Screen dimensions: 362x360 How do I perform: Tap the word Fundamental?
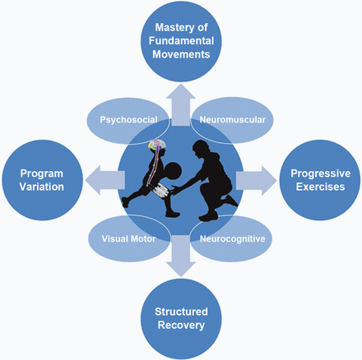coord(181,41)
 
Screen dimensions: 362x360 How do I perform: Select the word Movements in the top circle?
coord(181,54)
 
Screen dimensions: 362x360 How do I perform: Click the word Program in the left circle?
coord(42,173)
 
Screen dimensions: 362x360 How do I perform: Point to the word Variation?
coord(42,187)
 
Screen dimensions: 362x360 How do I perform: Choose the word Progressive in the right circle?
coord(321,173)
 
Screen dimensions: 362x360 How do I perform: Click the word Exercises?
coord(321,187)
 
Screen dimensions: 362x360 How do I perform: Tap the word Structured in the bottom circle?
coord(181,312)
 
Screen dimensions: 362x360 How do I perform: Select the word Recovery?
coord(181,325)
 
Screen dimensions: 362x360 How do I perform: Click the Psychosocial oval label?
coord(128,120)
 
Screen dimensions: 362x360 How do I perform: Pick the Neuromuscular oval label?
coord(233,120)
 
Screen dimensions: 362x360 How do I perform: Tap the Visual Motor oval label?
coord(128,238)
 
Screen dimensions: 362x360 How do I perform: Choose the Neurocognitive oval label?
coord(233,239)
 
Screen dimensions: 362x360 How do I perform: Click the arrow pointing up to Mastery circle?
coord(181,104)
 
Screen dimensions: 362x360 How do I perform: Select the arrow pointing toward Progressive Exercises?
coord(257,181)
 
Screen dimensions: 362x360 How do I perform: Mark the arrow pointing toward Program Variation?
coord(105,180)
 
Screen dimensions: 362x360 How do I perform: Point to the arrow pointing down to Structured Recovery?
coord(181,256)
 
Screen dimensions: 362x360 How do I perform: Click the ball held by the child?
coord(174,171)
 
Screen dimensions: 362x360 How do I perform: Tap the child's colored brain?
coord(157,145)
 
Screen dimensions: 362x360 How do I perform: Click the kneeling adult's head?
coord(201,150)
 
